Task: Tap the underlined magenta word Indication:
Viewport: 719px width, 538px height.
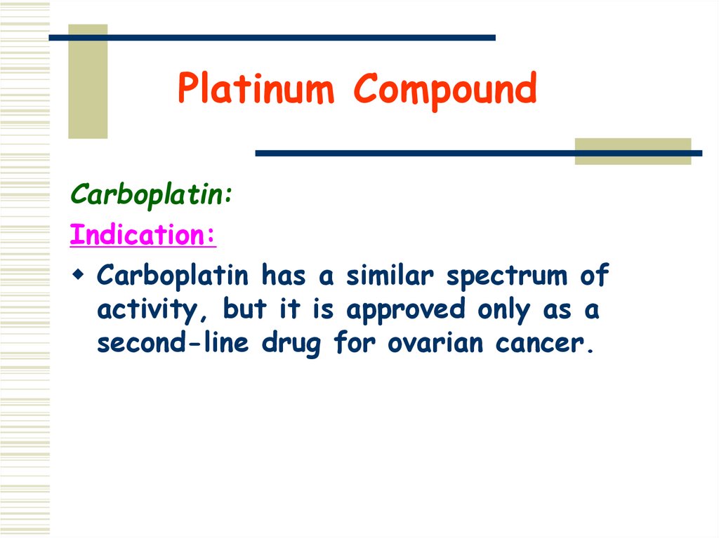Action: pyautogui.click(x=143, y=235)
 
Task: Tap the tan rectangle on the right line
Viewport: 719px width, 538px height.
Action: pyautogui.click(x=632, y=152)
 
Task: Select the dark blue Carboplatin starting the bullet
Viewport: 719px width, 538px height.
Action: pyautogui.click(x=173, y=275)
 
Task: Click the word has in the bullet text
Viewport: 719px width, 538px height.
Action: pyautogui.click(x=286, y=275)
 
